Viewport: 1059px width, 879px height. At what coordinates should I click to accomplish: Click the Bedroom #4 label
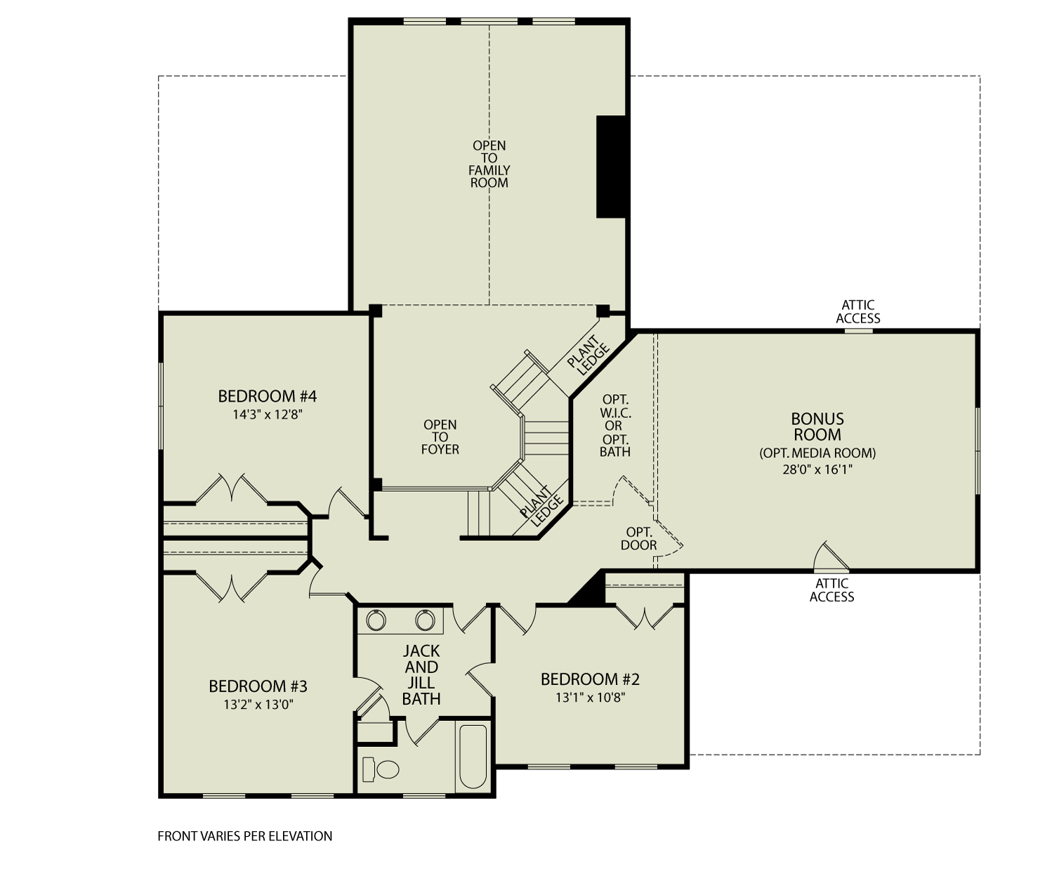tap(267, 397)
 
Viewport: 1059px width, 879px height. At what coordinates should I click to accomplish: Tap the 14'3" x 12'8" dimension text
tap(268, 415)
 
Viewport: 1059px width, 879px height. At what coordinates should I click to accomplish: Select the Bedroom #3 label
tap(258, 686)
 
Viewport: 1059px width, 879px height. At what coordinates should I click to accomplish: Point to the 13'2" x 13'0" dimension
tap(258, 705)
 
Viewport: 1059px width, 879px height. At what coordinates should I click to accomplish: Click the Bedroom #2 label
tap(590, 679)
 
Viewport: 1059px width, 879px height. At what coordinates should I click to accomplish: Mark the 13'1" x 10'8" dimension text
tap(590, 698)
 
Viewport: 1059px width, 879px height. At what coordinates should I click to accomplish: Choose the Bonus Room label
tap(817, 427)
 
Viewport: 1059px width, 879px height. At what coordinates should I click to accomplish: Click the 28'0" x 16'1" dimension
tap(817, 469)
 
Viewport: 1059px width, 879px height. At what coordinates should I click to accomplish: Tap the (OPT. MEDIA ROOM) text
tap(817, 453)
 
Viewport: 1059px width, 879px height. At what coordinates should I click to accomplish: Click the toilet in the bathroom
tap(381, 769)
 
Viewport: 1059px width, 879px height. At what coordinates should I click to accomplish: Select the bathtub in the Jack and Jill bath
tap(472, 757)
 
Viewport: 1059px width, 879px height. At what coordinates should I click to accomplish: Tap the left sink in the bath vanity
tap(376, 620)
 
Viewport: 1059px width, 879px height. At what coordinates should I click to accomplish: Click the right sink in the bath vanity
tap(424, 620)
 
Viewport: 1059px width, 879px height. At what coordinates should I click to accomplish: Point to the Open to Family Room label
tap(489, 164)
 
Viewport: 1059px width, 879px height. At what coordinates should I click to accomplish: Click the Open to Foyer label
tap(440, 437)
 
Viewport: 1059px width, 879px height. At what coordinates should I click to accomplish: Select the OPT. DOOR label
tap(639, 538)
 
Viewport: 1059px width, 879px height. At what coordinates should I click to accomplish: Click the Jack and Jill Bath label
tap(421, 675)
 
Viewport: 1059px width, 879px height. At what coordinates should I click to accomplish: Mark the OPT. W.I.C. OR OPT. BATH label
tap(614, 426)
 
